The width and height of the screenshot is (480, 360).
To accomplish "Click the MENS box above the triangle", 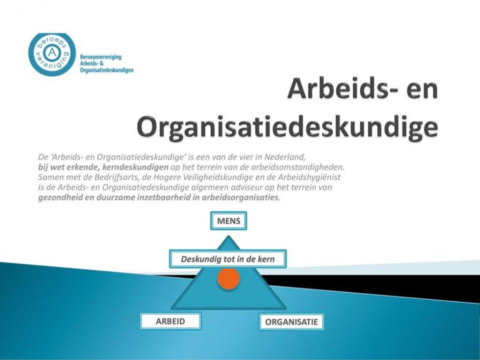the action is coord(228,220).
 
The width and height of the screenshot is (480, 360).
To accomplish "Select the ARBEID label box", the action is coord(170,321).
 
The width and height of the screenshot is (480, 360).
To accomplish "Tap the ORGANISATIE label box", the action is coord(291,321).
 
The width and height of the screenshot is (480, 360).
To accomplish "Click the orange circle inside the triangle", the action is coord(228,278).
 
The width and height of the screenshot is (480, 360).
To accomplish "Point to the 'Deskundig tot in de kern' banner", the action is coord(228,259).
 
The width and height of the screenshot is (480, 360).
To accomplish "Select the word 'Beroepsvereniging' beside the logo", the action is coord(100,57).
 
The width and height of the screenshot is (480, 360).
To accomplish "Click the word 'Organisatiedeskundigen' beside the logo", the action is coord(106,70).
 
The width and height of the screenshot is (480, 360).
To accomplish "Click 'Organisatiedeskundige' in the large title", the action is coord(287,126).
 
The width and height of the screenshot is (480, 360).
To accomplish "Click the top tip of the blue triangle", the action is coord(228,235).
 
